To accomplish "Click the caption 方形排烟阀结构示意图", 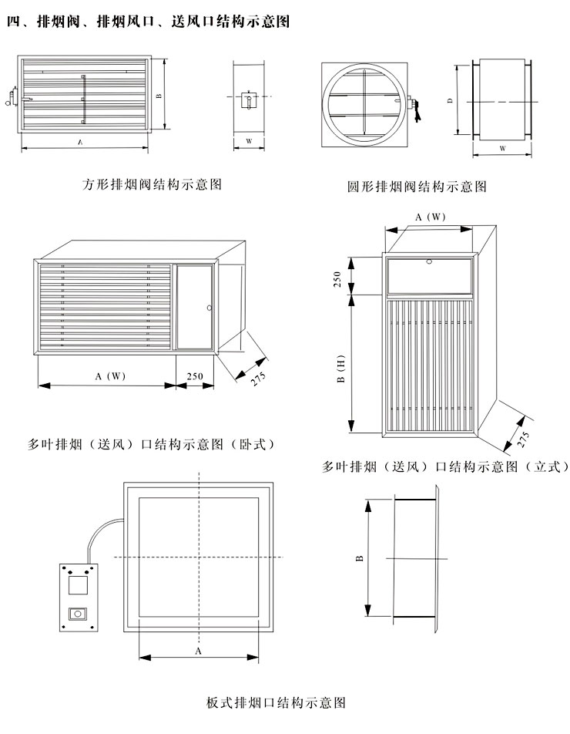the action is (x=152, y=184).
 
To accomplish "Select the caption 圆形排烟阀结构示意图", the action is (x=417, y=187).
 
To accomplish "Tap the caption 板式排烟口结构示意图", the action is (x=276, y=702).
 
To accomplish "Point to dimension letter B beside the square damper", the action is (x=159, y=96).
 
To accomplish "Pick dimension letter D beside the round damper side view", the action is (x=450, y=100).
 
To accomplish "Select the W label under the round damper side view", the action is (x=503, y=148).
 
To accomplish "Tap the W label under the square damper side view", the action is (x=249, y=141).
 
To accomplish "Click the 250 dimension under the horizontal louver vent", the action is (x=195, y=376).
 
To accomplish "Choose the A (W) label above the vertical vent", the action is (x=430, y=217).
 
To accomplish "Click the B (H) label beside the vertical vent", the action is (x=340, y=369).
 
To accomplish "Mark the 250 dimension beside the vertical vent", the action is (x=337, y=279).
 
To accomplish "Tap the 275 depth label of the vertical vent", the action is (x=523, y=439).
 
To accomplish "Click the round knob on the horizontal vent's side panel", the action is (x=209, y=308).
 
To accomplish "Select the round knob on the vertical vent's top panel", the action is (x=429, y=261).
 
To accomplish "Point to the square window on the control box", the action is (x=78, y=584).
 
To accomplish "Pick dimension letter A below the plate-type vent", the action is (x=198, y=652).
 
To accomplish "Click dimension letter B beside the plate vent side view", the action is (x=360, y=558).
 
